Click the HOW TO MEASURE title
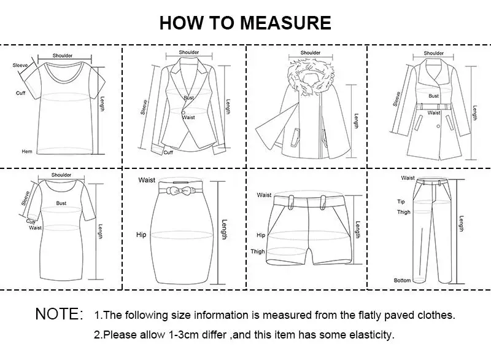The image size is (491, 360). [245, 23]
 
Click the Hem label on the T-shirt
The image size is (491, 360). [27, 151]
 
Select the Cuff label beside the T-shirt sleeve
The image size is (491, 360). [21, 93]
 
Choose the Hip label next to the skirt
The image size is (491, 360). [141, 235]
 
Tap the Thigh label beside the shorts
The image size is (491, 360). [258, 251]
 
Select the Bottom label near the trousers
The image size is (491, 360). [402, 280]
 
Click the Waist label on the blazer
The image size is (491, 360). [188, 117]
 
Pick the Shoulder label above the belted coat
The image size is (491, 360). [434, 53]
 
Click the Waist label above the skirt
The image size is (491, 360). [147, 180]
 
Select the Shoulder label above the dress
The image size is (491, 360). [61, 175]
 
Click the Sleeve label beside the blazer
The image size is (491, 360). [145, 107]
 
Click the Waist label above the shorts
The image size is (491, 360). [265, 195]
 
